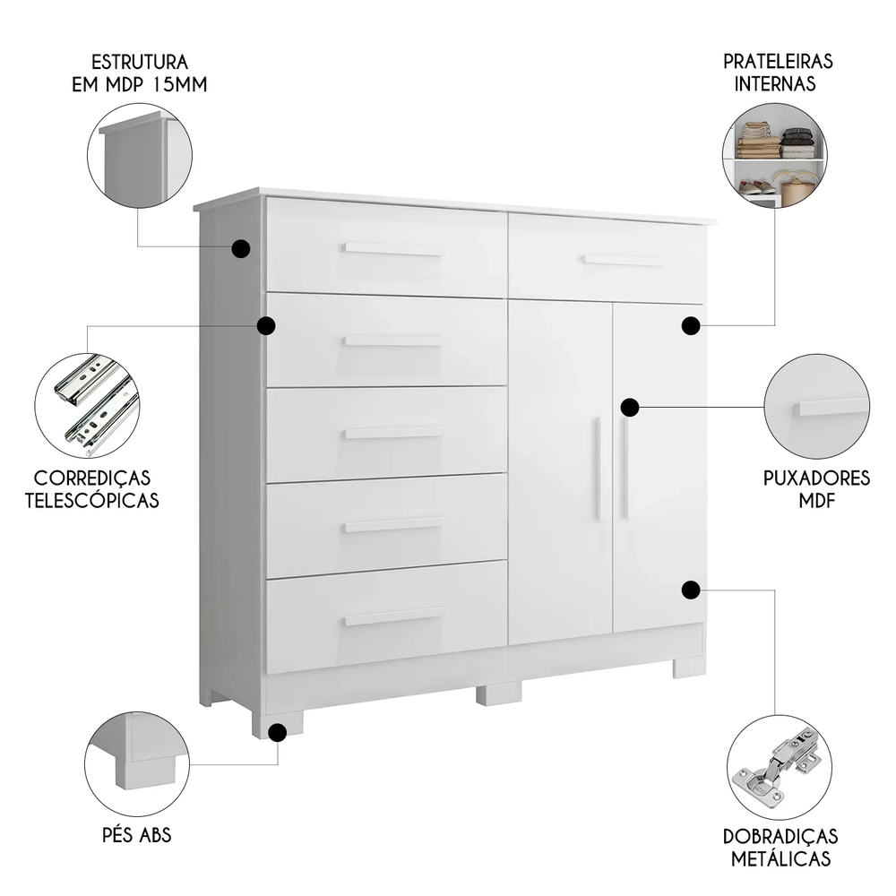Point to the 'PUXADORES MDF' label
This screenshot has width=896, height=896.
[x=816, y=489]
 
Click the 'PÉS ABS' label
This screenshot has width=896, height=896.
[x=136, y=836]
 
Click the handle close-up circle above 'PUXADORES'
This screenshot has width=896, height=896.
[x=816, y=406]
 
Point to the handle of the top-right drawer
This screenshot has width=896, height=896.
[x=622, y=260]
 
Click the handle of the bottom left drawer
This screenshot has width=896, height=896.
[x=394, y=616]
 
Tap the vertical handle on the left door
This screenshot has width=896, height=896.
[x=598, y=468]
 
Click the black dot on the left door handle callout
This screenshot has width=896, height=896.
[x=630, y=408]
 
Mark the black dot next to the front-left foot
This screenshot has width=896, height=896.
[x=278, y=733]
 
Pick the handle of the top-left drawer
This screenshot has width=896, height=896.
[x=392, y=248]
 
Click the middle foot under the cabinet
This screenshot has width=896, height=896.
[x=498, y=694]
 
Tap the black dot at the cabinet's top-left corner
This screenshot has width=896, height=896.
[x=240, y=249]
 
